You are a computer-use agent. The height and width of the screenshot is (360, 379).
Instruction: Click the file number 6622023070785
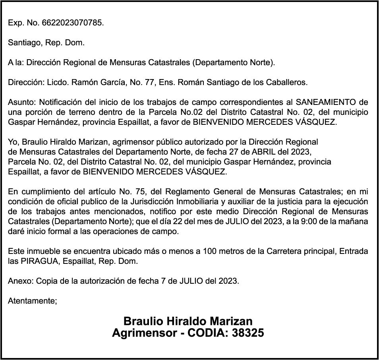point(72,23)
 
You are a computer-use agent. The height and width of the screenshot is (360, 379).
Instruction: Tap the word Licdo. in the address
point(58,83)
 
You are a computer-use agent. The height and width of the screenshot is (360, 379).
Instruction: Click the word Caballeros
point(286,83)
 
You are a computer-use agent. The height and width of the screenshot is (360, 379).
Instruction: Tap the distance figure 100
point(210,251)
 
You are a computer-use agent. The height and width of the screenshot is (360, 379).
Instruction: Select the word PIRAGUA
point(37,261)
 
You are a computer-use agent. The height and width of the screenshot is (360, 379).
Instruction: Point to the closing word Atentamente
point(32,301)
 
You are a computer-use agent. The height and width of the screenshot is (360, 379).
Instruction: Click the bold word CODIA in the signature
point(207,333)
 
